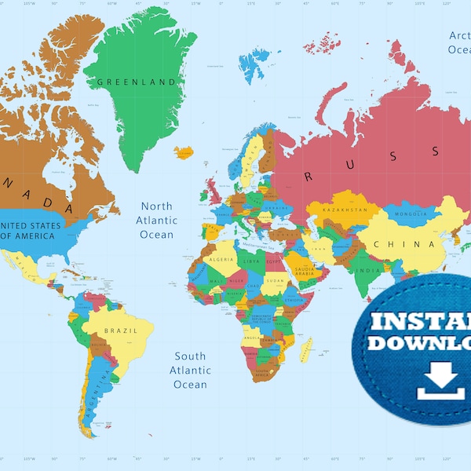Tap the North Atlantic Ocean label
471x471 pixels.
click(156, 221)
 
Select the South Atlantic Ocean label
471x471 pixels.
click(190, 370)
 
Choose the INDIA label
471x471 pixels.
click(366, 272)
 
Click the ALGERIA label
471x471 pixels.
click(220, 259)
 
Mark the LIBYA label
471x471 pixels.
click(252, 261)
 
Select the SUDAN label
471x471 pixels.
click(276, 280)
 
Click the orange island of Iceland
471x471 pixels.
click(183, 152)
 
